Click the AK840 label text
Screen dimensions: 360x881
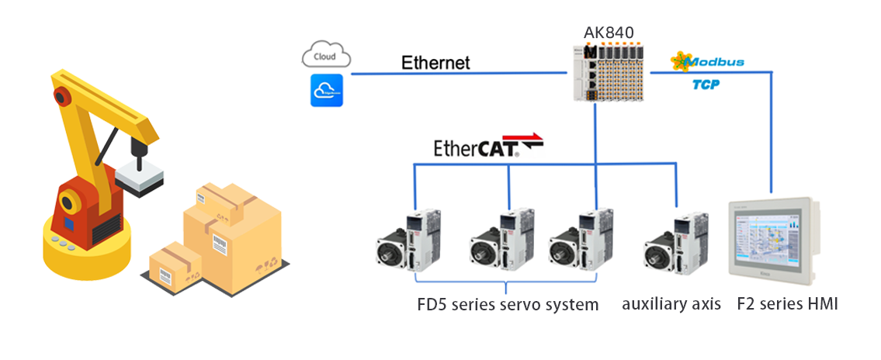609,32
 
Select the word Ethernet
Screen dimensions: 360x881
435,63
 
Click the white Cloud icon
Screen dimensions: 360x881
326,57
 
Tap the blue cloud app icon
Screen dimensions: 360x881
326,91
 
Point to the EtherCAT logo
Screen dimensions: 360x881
487,146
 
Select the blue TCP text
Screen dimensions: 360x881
706,84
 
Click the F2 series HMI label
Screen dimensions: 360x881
787,304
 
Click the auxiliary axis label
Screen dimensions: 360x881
671,304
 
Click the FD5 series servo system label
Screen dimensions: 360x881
507,304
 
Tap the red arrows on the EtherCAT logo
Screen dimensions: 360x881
527,140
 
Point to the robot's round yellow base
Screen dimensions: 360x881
86,249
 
